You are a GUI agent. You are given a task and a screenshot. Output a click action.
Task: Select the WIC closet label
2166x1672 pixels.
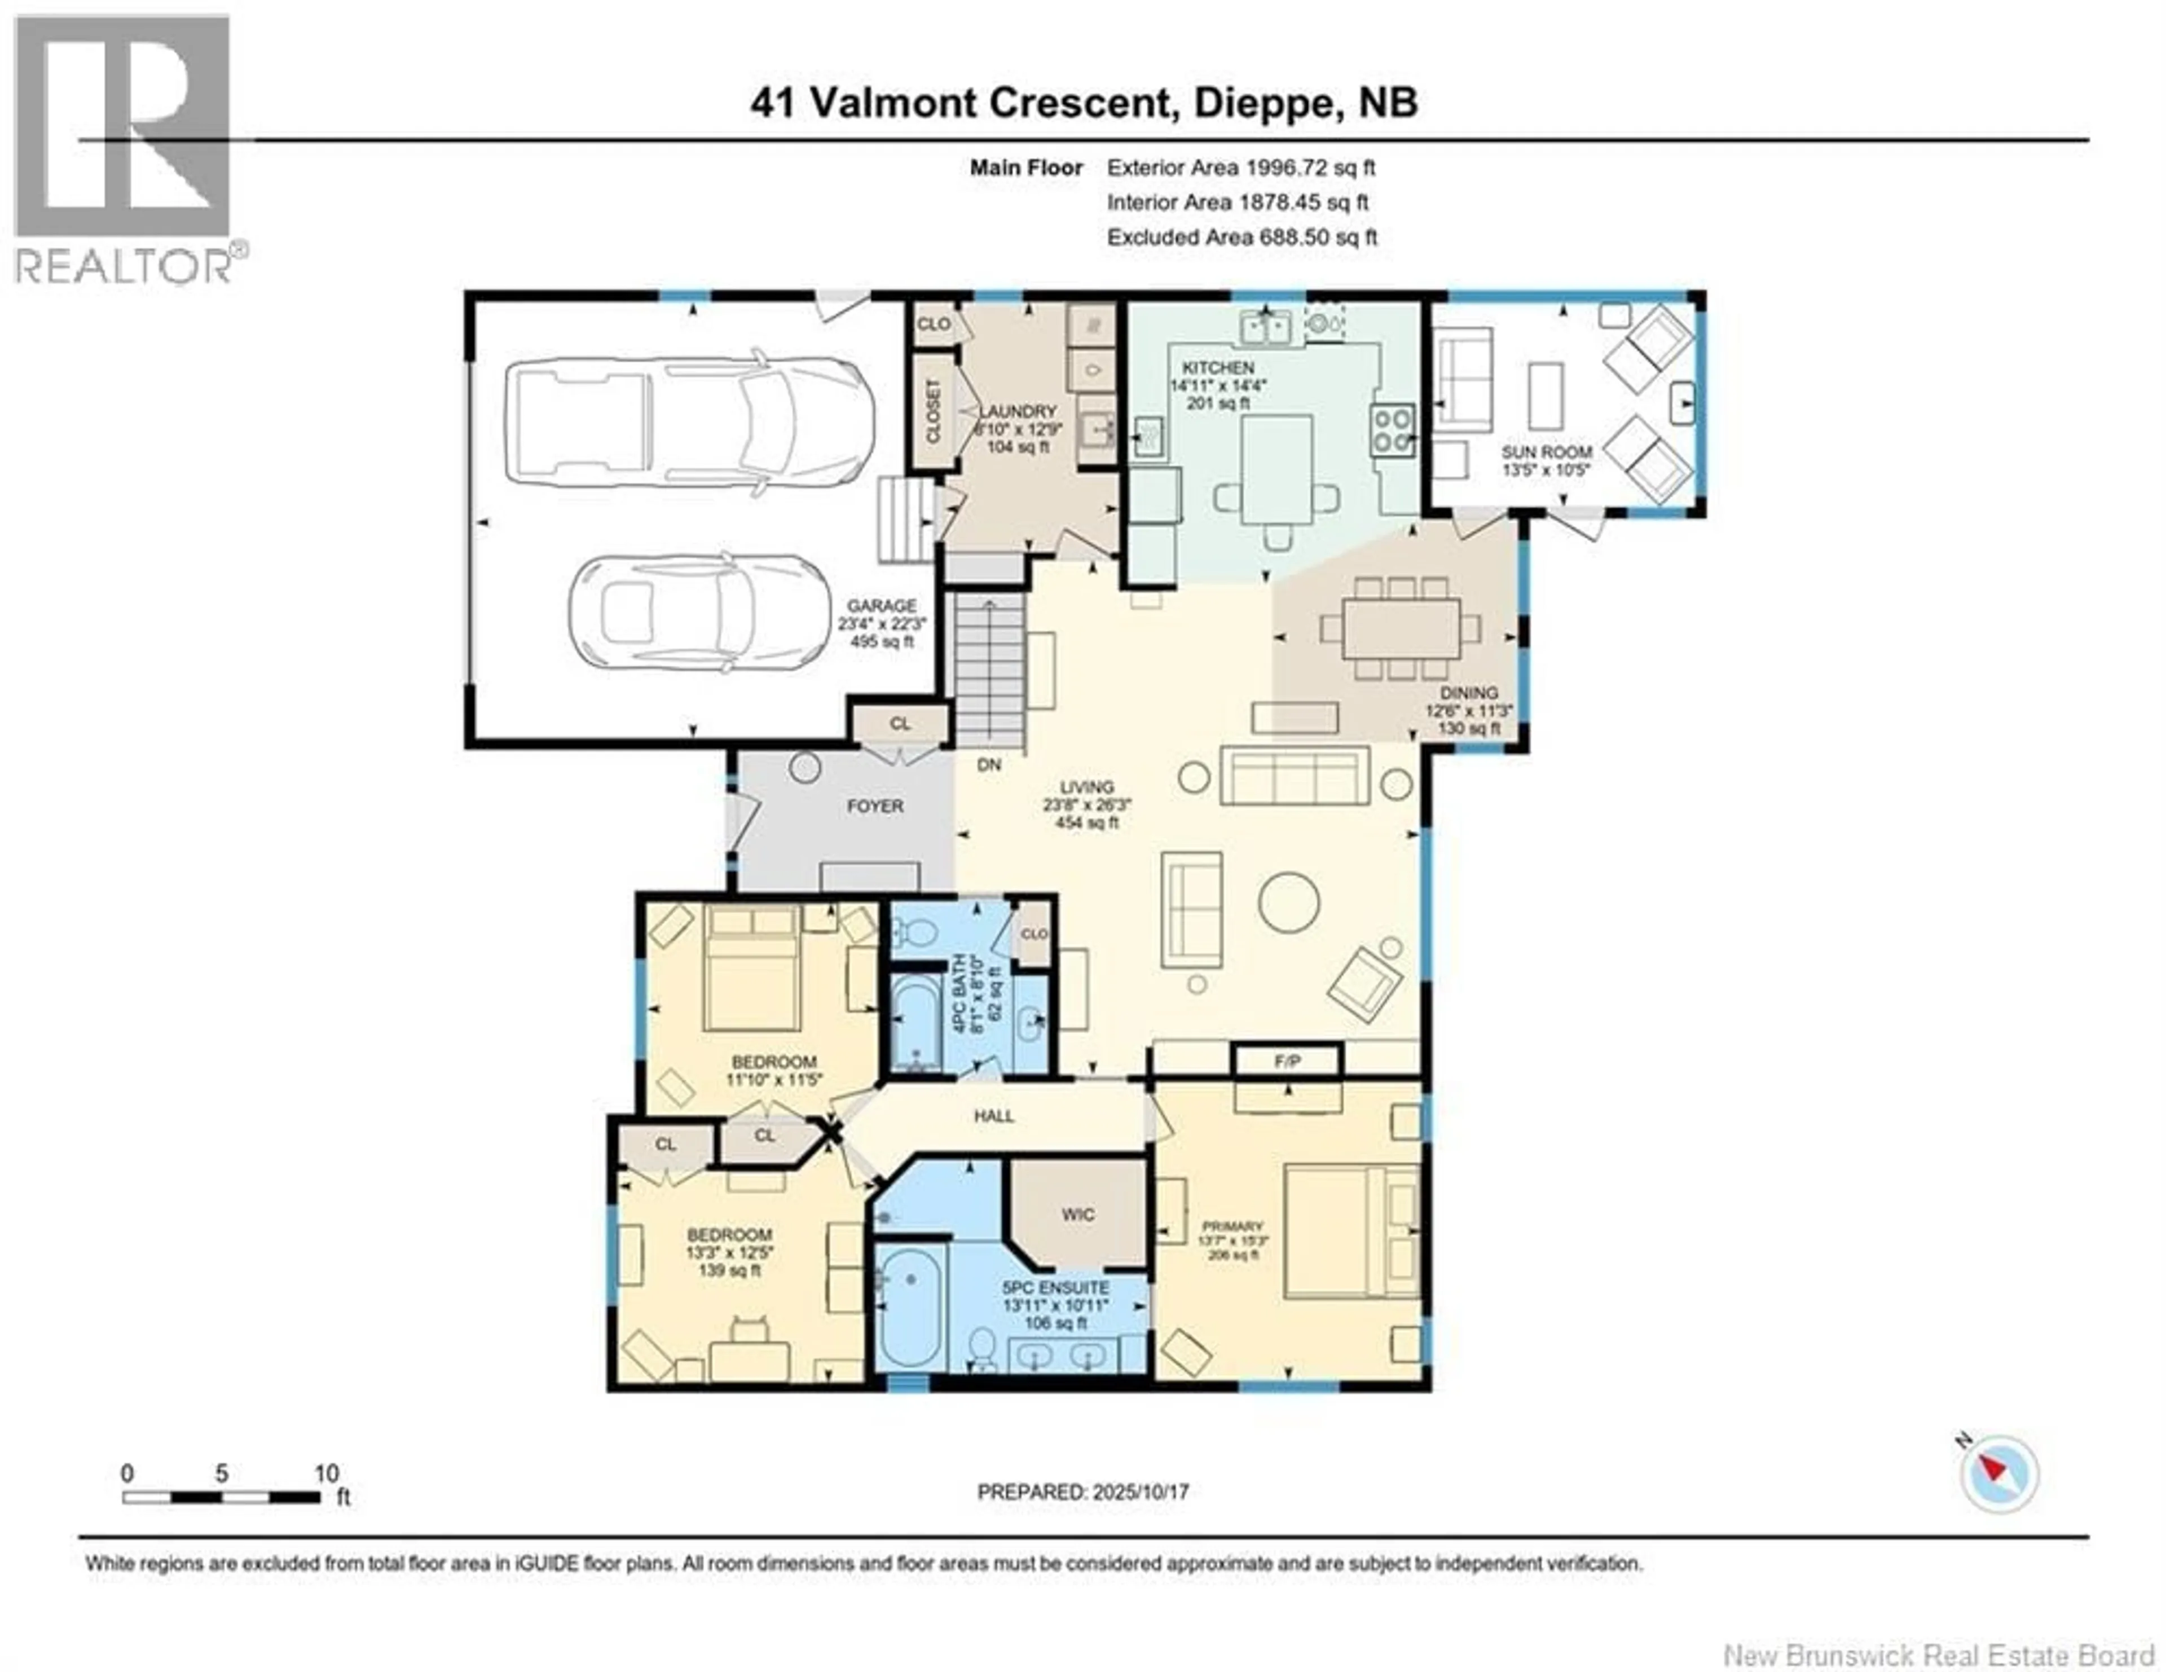(x=1078, y=1215)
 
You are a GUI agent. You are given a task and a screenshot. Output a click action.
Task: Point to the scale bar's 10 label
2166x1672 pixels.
(x=326, y=1473)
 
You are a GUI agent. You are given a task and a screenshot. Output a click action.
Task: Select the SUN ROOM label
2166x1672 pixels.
(x=1546, y=452)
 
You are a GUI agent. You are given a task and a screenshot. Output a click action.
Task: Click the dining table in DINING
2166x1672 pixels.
(x=1401, y=628)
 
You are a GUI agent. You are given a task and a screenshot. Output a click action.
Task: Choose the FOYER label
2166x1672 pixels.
(x=875, y=806)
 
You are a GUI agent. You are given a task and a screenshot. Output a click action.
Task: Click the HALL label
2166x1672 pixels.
(x=994, y=1116)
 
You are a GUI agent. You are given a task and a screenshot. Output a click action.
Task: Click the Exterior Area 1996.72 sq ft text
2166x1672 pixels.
(x=1241, y=168)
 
